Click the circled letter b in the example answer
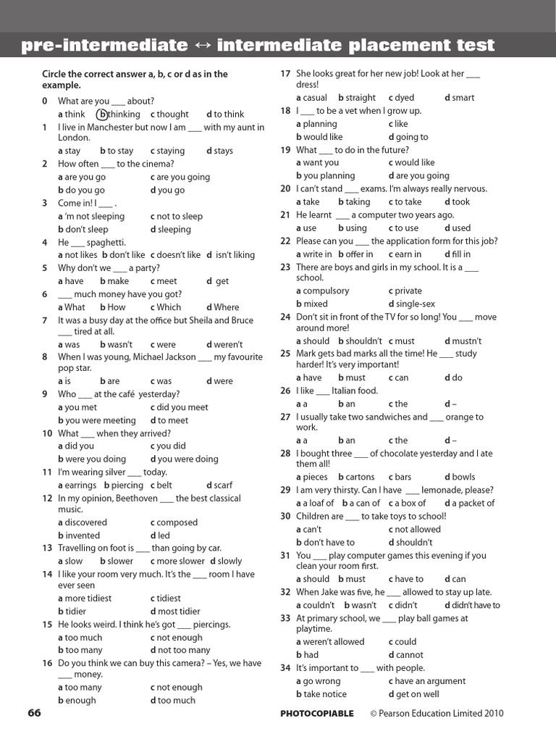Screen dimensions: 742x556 103,114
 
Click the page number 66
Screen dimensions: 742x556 34,713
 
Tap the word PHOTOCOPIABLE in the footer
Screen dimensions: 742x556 317,714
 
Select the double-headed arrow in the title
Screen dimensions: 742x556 202,46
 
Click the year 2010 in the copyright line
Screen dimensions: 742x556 492,714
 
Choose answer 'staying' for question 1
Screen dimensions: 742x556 171,151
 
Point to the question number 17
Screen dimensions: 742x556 285,74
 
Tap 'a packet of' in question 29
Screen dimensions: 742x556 473,504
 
